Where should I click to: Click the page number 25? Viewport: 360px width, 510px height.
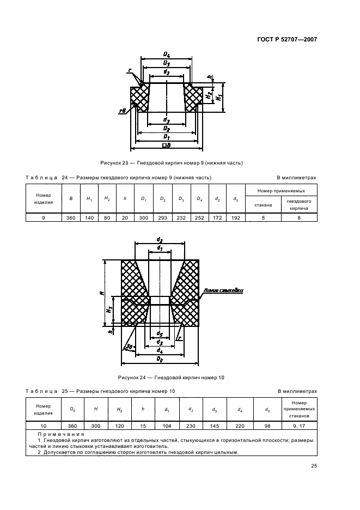pos(314,466)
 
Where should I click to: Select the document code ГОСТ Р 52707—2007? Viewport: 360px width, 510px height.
pos(287,40)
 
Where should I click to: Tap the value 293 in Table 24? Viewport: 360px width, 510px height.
pos(163,218)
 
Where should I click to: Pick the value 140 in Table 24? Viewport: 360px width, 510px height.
pos(89,218)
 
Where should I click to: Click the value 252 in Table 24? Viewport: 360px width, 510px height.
pos(199,218)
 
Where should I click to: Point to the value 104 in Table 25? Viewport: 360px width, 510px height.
pos(167,426)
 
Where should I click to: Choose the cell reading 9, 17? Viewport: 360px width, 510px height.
pos(299,426)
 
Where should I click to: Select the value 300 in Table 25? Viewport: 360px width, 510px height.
pos(96,426)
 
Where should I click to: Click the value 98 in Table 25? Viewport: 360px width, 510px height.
pos(267,426)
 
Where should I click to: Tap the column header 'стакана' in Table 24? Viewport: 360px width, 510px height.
pos(263,205)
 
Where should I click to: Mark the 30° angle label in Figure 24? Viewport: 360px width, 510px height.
pos(130,347)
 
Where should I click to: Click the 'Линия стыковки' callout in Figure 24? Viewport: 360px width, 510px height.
pos(223,290)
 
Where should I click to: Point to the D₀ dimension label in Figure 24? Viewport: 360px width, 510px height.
pos(160,359)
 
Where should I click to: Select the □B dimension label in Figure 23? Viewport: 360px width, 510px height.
pos(166,145)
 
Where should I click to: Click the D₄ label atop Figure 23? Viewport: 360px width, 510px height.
pos(167,54)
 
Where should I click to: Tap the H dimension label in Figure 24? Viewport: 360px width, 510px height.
pos(102,293)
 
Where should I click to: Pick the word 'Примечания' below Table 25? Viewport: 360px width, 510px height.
pos(61,434)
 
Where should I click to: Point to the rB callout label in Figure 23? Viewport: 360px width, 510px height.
pos(123,112)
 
